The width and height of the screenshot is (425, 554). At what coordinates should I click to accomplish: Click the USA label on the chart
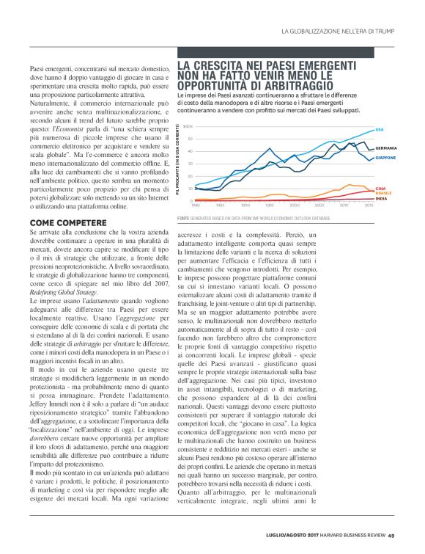(x=379, y=130)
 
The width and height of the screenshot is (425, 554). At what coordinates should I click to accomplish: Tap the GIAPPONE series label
(x=385, y=158)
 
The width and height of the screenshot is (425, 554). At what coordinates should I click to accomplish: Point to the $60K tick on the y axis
(x=188, y=126)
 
